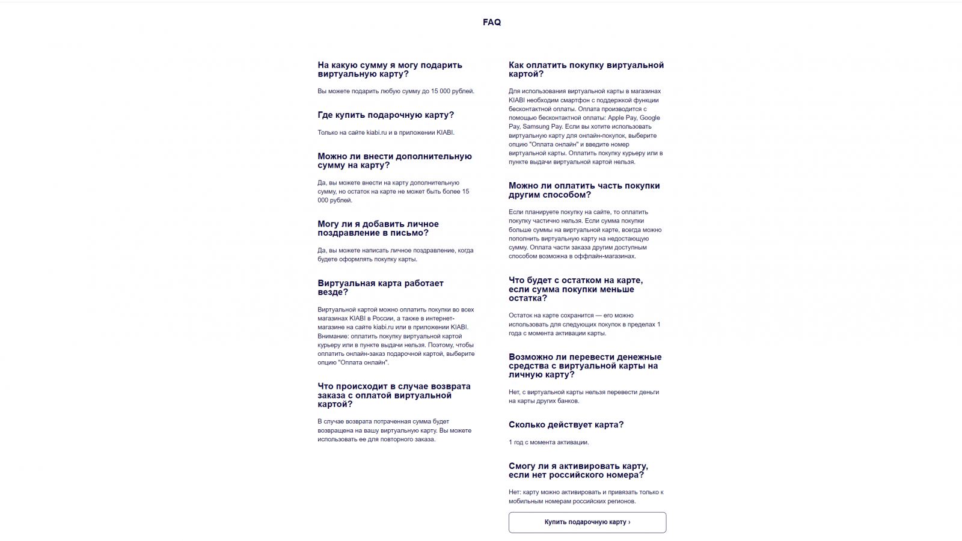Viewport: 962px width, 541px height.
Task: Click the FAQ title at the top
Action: point(491,22)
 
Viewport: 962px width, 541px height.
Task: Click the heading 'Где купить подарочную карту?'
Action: point(385,115)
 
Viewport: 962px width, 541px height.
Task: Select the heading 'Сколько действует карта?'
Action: point(566,424)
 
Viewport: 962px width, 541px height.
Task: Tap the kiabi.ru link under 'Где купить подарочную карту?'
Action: point(376,132)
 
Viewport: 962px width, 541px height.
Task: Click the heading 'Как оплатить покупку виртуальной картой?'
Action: point(586,69)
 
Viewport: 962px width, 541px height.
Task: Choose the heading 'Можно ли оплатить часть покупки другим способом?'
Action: point(584,190)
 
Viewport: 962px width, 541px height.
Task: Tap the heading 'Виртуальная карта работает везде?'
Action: point(380,287)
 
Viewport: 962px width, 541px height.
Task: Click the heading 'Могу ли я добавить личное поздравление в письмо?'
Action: point(378,228)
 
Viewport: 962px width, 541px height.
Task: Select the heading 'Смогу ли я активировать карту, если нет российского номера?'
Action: point(578,470)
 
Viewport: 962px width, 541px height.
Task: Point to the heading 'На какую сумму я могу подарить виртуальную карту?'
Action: point(390,69)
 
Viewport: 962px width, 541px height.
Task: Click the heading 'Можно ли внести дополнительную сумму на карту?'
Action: point(394,160)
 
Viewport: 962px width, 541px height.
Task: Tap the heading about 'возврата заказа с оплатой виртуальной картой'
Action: point(394,395)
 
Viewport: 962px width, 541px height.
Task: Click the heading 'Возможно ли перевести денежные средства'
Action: point(584,365)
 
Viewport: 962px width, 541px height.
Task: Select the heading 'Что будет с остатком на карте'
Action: point(575,289)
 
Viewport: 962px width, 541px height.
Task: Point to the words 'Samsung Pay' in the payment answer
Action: point(542,126)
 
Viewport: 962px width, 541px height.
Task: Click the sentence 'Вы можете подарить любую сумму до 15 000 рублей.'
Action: point(396,91)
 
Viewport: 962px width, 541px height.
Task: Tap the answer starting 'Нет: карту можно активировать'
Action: point(586,497)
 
